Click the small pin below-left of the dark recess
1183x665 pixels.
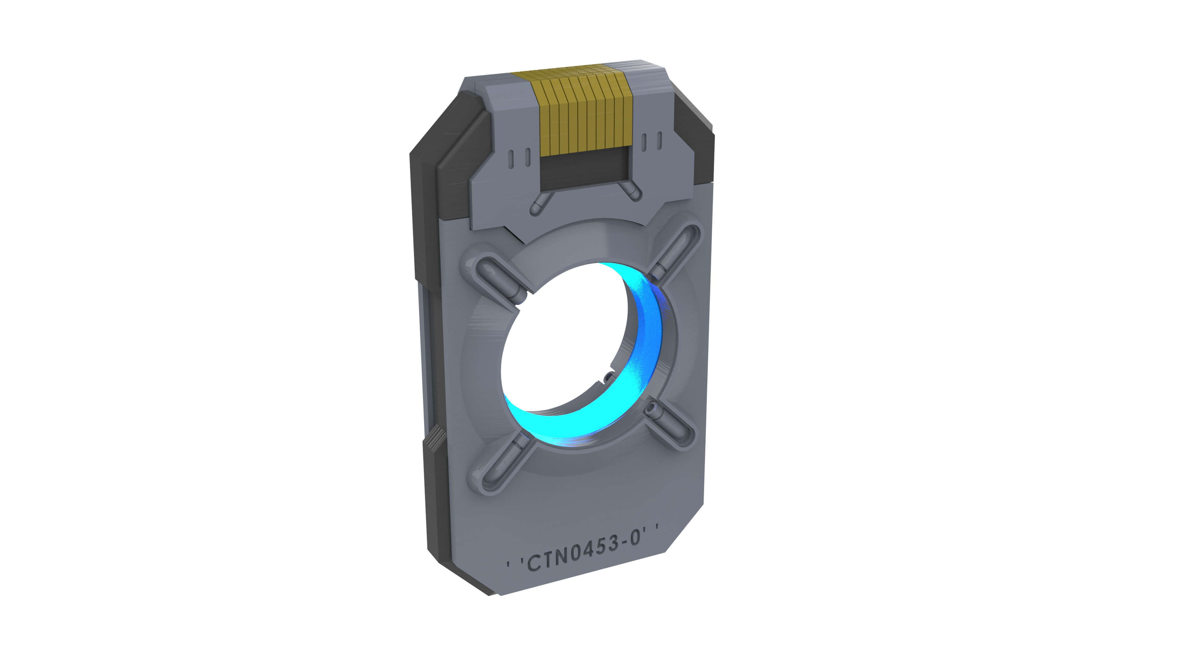point(541,203)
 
